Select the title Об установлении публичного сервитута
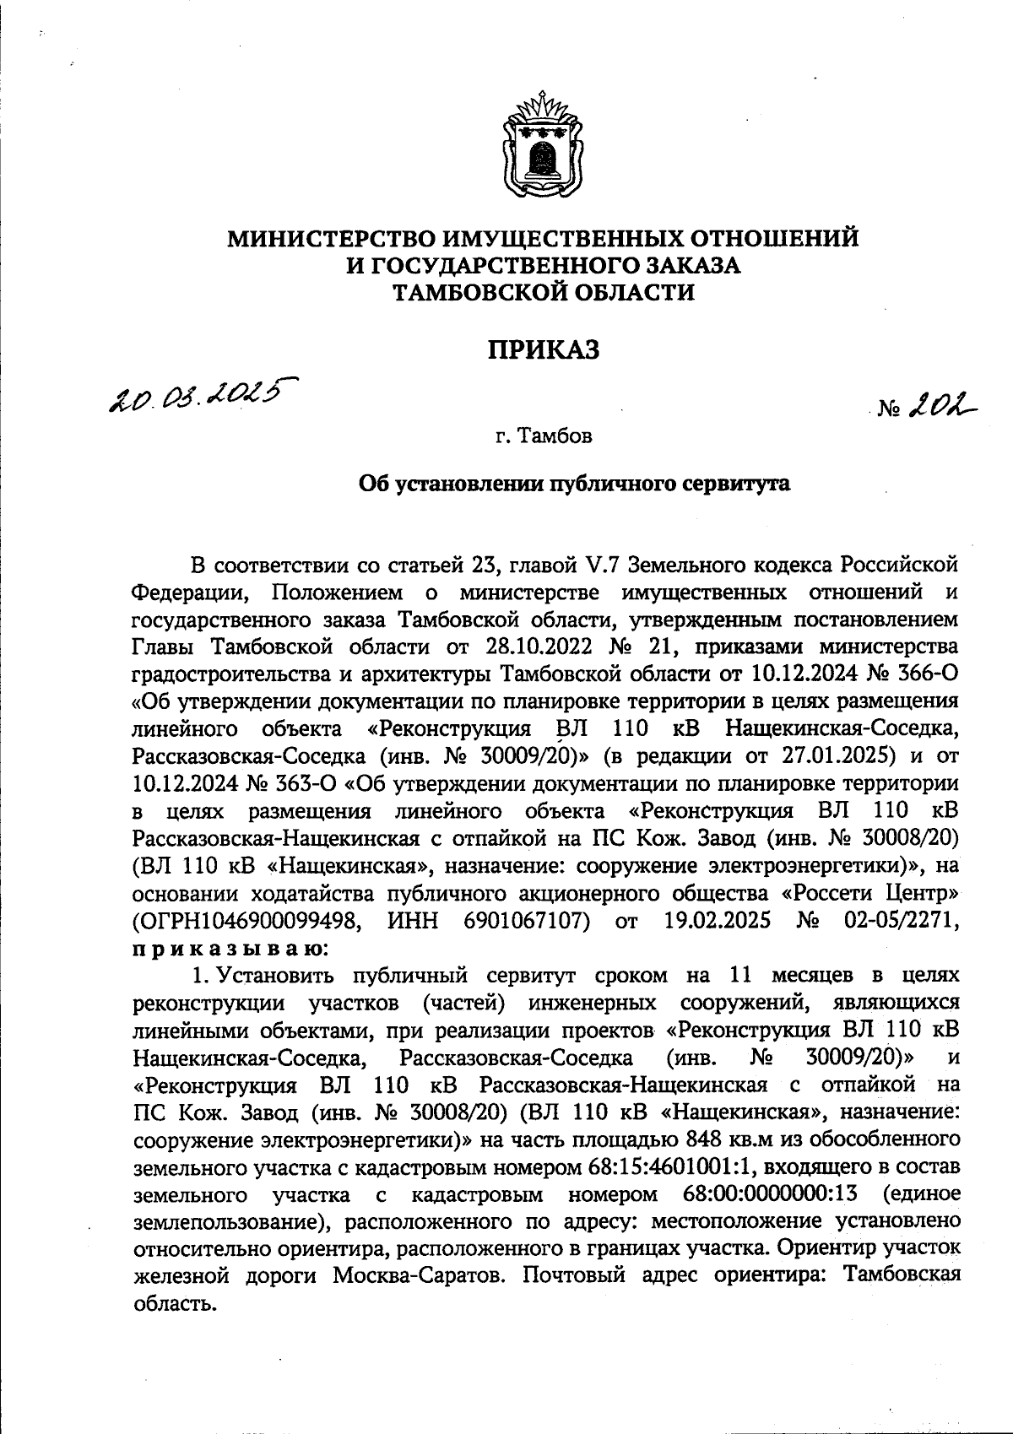coord(574,484)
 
